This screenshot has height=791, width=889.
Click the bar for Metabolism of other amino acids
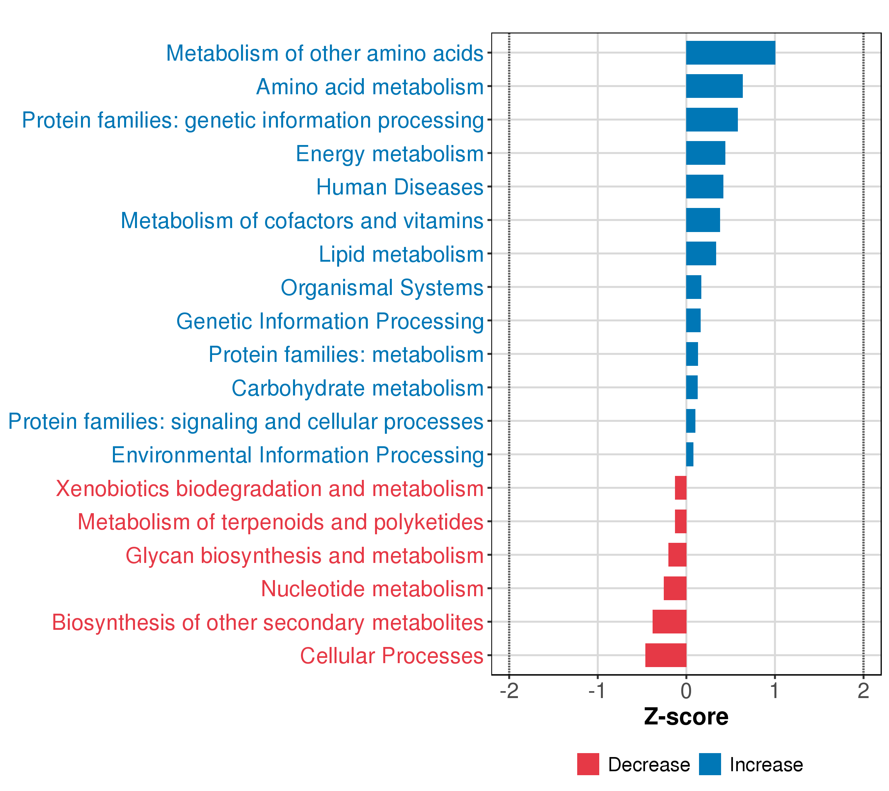tap(730, 53)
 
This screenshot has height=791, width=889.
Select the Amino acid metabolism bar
tap(714, 86)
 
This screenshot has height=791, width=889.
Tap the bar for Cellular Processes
tap(665, 655)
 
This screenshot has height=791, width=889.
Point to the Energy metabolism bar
tap(706, 153)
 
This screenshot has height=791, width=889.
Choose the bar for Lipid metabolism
tap(701, 253)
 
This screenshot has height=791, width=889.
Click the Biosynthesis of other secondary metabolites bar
tap(669, 622)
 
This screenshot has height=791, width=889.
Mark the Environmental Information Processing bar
tap(689, 454)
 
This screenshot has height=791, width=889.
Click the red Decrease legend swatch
tap(588, 764)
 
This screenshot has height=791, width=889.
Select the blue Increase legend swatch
tap(710, 764)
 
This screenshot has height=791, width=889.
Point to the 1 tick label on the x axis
tap(775, 691)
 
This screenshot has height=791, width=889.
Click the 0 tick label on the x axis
tap(686, 691)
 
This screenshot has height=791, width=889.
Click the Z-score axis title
tap(686, 717)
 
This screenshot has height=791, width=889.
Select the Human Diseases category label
tap(399, 187)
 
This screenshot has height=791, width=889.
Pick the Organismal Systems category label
tap(382, 288)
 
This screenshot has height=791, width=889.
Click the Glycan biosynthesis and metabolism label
tap(305, 555)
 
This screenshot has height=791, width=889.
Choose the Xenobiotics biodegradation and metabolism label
tap(270, 488)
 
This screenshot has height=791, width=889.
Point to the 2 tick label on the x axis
tap(863, 691)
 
